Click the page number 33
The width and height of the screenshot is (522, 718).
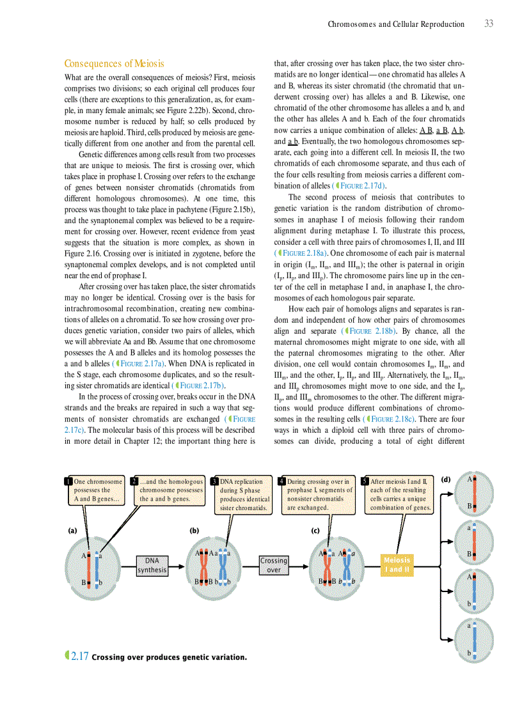pos(488,24)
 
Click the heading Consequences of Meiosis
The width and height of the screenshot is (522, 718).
pos(115,63)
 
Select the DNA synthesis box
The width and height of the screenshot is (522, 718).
pos(152,565)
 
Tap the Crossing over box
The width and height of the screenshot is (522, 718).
pos(273,565)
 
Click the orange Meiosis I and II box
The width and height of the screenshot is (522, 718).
pos(395,565)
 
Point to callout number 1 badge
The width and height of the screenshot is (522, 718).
pos(68,481)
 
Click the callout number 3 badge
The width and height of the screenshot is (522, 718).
pos(214,481)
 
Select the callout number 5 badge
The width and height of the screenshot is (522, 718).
pos(365,481)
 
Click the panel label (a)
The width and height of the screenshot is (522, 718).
pos(72,530)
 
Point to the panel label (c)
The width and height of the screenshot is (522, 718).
pos(315,530)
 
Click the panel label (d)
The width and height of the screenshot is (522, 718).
pos(446,479)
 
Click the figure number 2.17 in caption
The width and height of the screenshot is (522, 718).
pos(79,656)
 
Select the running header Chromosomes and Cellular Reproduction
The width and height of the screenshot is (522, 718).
pos(396,24)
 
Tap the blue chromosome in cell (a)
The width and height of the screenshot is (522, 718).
pos(97,566)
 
